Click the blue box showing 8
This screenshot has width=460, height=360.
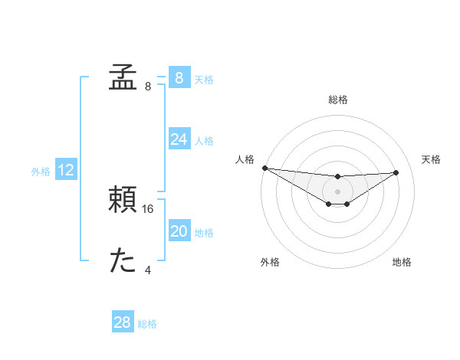179,78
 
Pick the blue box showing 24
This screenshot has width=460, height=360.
179,139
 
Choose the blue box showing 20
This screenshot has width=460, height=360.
179,232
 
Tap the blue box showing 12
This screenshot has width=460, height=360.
66,171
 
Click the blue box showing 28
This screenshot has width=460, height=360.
122,322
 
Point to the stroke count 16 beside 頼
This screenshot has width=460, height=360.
149,208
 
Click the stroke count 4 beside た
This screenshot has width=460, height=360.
148,270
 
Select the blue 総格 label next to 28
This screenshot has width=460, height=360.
147,324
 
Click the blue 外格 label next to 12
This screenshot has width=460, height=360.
41,172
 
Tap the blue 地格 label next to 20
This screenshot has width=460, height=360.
204,233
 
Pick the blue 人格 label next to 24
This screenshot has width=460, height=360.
204,141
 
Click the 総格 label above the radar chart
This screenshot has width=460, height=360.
338,100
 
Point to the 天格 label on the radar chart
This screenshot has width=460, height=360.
432,159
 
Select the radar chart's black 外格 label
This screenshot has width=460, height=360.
270,262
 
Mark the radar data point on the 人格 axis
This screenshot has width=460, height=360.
264,168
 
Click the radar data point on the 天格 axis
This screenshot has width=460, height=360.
396,172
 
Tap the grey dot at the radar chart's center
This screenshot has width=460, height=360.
338,191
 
